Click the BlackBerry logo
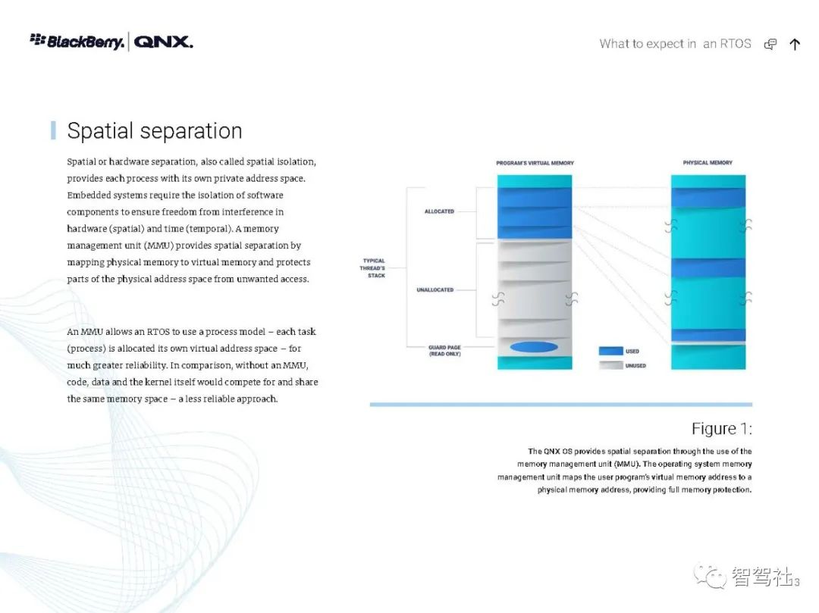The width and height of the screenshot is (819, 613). click(77, 41)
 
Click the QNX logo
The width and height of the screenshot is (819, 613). click(163, 42)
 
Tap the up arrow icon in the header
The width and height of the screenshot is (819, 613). click(795, 44)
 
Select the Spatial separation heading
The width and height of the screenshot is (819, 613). click(155, 131)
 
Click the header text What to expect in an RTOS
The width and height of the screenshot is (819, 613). click(675, 44)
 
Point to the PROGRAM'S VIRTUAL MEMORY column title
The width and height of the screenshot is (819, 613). click(535, 163)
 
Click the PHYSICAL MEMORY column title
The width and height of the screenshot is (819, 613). click(708, 163)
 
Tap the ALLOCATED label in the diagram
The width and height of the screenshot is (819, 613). click(439, 211)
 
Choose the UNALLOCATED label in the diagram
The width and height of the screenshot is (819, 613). click(435, 290)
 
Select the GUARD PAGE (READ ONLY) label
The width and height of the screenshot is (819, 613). click(444, 351)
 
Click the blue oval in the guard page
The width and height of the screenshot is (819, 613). click(534, 347)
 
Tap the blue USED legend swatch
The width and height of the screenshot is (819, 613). click(610, 352)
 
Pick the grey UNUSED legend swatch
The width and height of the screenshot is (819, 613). click(610, 365)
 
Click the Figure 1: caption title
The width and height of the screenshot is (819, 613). click(721, 429)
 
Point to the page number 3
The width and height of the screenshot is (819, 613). click(796, 582)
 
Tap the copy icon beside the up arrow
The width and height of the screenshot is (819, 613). click(770, 44)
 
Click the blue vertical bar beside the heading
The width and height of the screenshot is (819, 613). click(53, 130)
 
